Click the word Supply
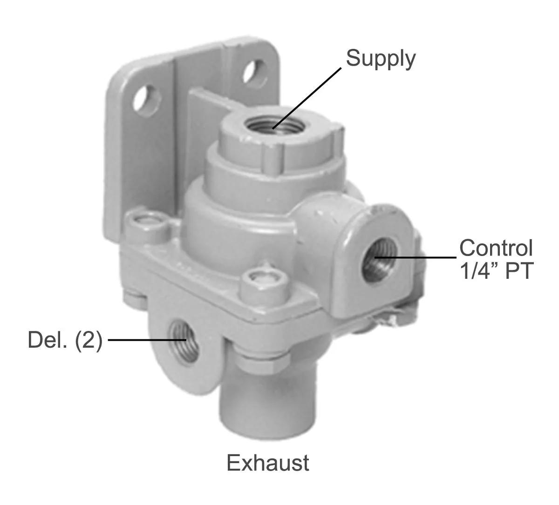(381, 59)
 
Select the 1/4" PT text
(496, 271)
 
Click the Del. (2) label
(65, 340)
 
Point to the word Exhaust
(268, 463)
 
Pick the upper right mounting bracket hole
(255, 72)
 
